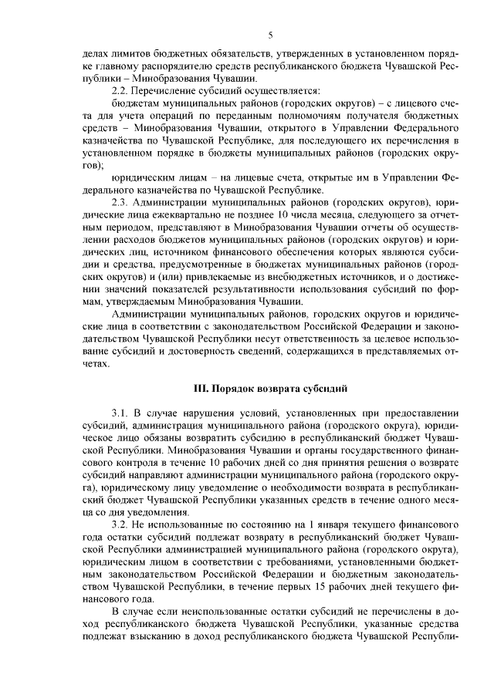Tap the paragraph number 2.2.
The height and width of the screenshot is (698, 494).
pyautogui.click(x=123, y=90)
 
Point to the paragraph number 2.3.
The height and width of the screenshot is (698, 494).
pyautogui.click(x=123, y=201)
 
